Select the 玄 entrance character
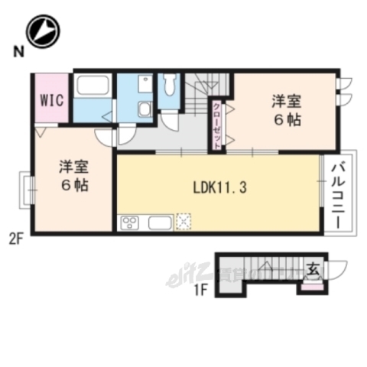click(313, 269)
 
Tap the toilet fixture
click(169, 83)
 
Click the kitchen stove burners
click(129, 223)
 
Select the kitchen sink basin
click(160, 222)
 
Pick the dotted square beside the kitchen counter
click(183, 222)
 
